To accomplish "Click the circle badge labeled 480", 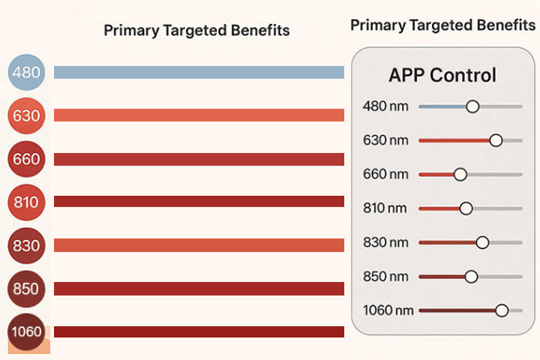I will click(27, 73).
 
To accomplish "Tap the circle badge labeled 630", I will click(27, 115).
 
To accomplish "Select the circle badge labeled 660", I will click(27, 159).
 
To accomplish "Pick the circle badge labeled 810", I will click(27, 202).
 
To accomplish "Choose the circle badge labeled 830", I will click(27, 245).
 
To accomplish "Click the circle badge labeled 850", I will click(27, 289).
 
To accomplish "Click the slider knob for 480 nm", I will click(472, 106).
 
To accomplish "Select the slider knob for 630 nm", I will click(495, 140).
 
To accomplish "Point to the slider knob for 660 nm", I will click(460, 174).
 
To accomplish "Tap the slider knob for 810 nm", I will click(466, 208).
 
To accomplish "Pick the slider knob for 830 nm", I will click(482, 242).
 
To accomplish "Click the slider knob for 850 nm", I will click(471, 276).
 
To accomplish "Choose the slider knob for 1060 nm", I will click(502, 310).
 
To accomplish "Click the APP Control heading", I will click(442, 75).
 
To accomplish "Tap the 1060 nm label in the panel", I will click(388, 310).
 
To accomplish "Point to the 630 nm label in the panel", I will click(385, 140).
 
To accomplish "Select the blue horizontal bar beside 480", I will click(199, 73).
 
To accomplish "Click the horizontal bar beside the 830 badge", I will click(199, 245).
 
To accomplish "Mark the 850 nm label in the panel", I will click(385, 276).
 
